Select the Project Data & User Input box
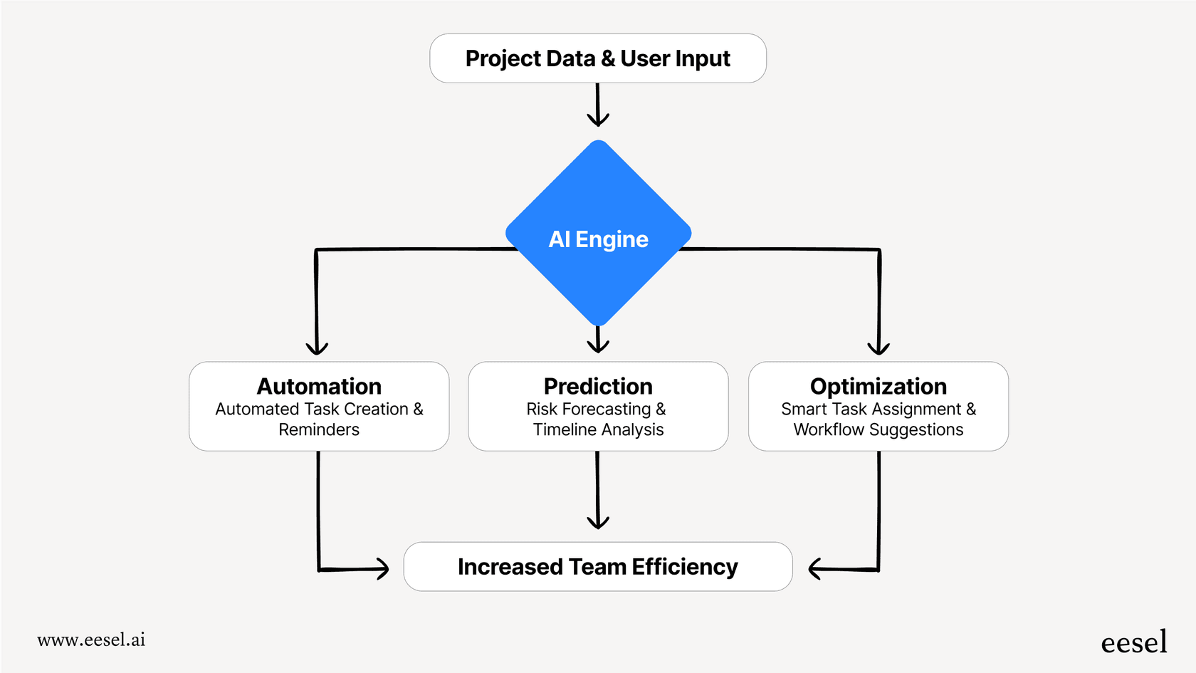(x=598, y=58)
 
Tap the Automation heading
(x=319, y=386)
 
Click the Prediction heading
(x=598, y=386)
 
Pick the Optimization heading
(x=878, y=386)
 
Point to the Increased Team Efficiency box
(x=598, y=567)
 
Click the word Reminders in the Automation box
(x=319, y=429)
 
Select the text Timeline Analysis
(x=598, y=429)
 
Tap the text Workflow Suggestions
(x=878, y=429)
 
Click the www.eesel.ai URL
(x=91, y=640)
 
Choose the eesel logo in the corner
(x=1134, y=642)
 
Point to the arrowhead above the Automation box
(x=317, y=348)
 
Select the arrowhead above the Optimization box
(x=878, y=348)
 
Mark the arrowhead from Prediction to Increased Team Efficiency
(x=598, y=522)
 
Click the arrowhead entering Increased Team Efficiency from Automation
(x=382, y=568)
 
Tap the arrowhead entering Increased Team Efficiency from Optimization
(x=816, y=568)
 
